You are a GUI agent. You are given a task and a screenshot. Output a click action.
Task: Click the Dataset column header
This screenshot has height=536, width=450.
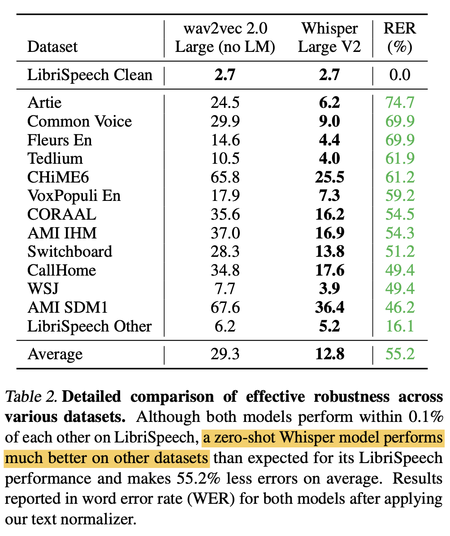[x=52, y=47]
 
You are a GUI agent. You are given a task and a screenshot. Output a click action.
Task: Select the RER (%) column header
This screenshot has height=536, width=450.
[x=399, y=38]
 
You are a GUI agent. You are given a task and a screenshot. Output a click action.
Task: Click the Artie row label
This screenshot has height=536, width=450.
[x=44, y=103]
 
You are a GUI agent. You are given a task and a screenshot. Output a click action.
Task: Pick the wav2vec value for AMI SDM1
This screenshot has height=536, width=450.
[x=225, y=308]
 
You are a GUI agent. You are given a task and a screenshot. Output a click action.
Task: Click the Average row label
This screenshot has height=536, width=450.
[x=55, y=354]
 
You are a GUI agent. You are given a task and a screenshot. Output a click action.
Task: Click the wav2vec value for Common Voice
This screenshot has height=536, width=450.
[x=225, y=122]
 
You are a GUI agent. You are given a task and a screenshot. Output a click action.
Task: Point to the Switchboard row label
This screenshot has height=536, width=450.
[x=70, y=252]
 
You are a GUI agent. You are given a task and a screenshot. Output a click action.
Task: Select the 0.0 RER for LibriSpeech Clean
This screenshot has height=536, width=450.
[x=399, y=75]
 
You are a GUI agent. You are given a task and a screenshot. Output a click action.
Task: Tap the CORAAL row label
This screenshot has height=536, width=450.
[x=62, y=215]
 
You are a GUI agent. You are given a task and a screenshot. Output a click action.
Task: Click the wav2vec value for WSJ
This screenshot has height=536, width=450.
[x=225, y=289]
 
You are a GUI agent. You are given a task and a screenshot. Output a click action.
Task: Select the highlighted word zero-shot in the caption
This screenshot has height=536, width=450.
[x=241, y=438]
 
